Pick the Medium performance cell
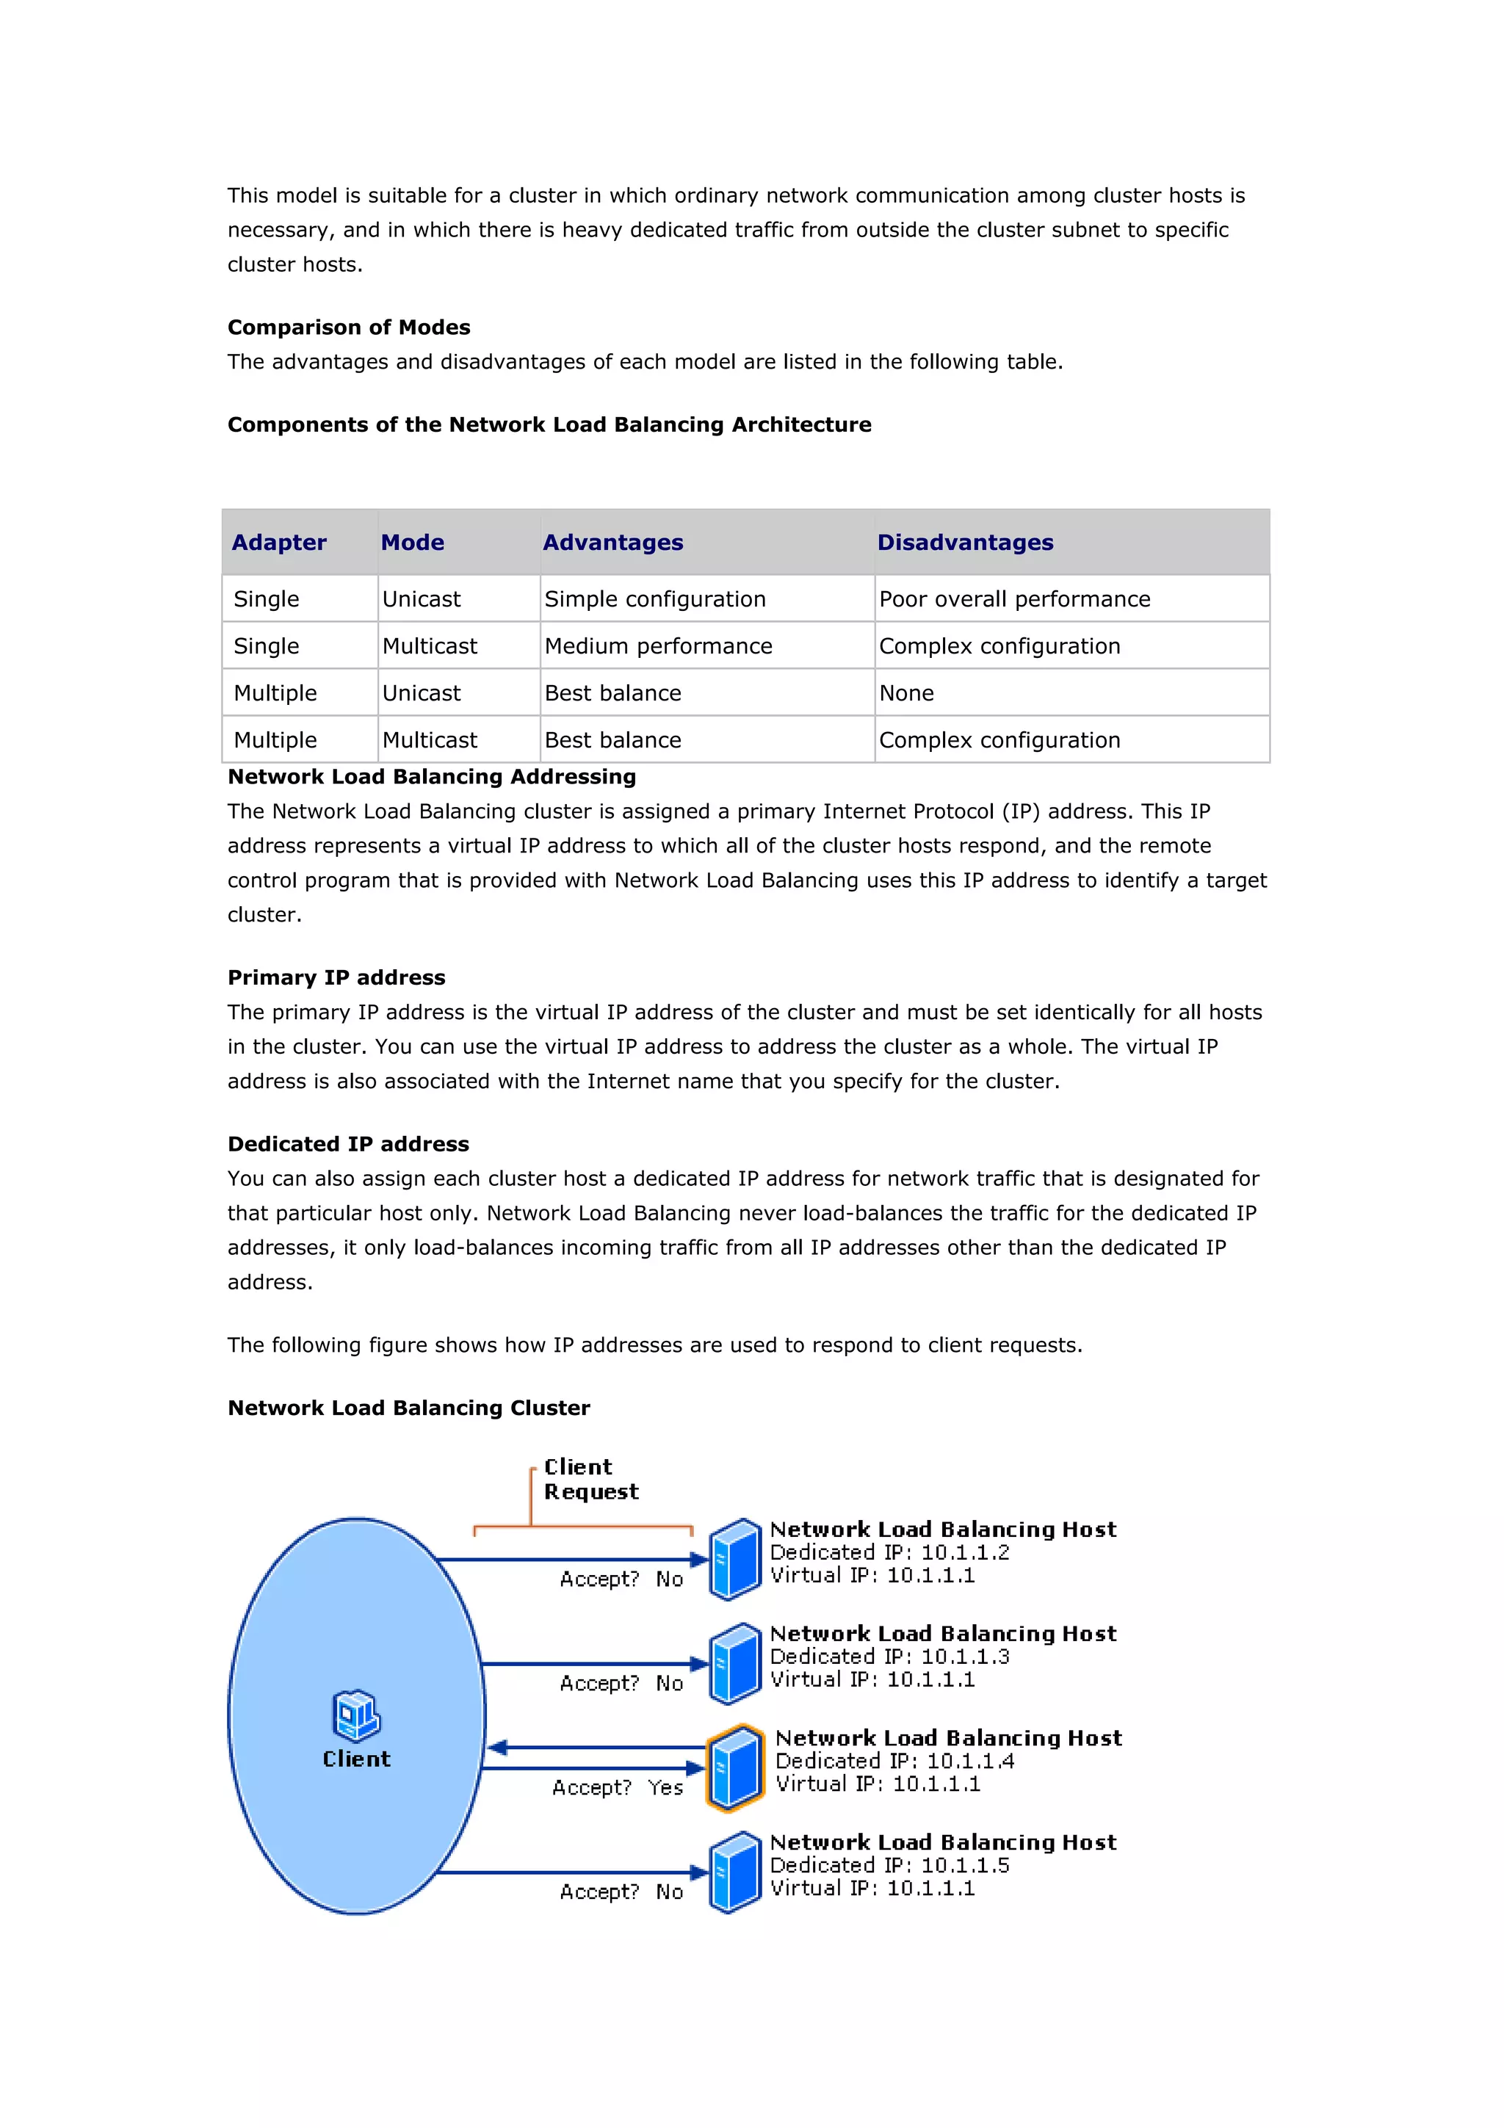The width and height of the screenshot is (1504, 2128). pos(658,646)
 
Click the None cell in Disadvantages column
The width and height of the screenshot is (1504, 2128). pos(906,693)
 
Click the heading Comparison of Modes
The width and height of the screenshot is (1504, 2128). pos(348,327)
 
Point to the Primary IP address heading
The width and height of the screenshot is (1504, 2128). pos(336,978)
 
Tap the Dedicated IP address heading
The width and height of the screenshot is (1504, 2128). pos(348,1144)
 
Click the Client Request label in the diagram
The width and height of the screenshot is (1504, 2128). pos(590,1479)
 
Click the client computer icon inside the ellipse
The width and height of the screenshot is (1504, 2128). pos(356,1715)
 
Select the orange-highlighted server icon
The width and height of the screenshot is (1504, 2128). pos(735,1767)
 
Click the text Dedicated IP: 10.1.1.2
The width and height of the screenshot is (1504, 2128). pos(889,1552)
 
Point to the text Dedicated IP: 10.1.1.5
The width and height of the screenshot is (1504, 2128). pos(889,1865)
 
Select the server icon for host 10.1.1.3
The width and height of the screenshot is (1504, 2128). pos(735,1664)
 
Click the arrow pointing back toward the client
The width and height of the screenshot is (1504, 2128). pos(500,1748)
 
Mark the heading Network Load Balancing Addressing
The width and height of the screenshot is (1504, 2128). pos(432,777)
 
